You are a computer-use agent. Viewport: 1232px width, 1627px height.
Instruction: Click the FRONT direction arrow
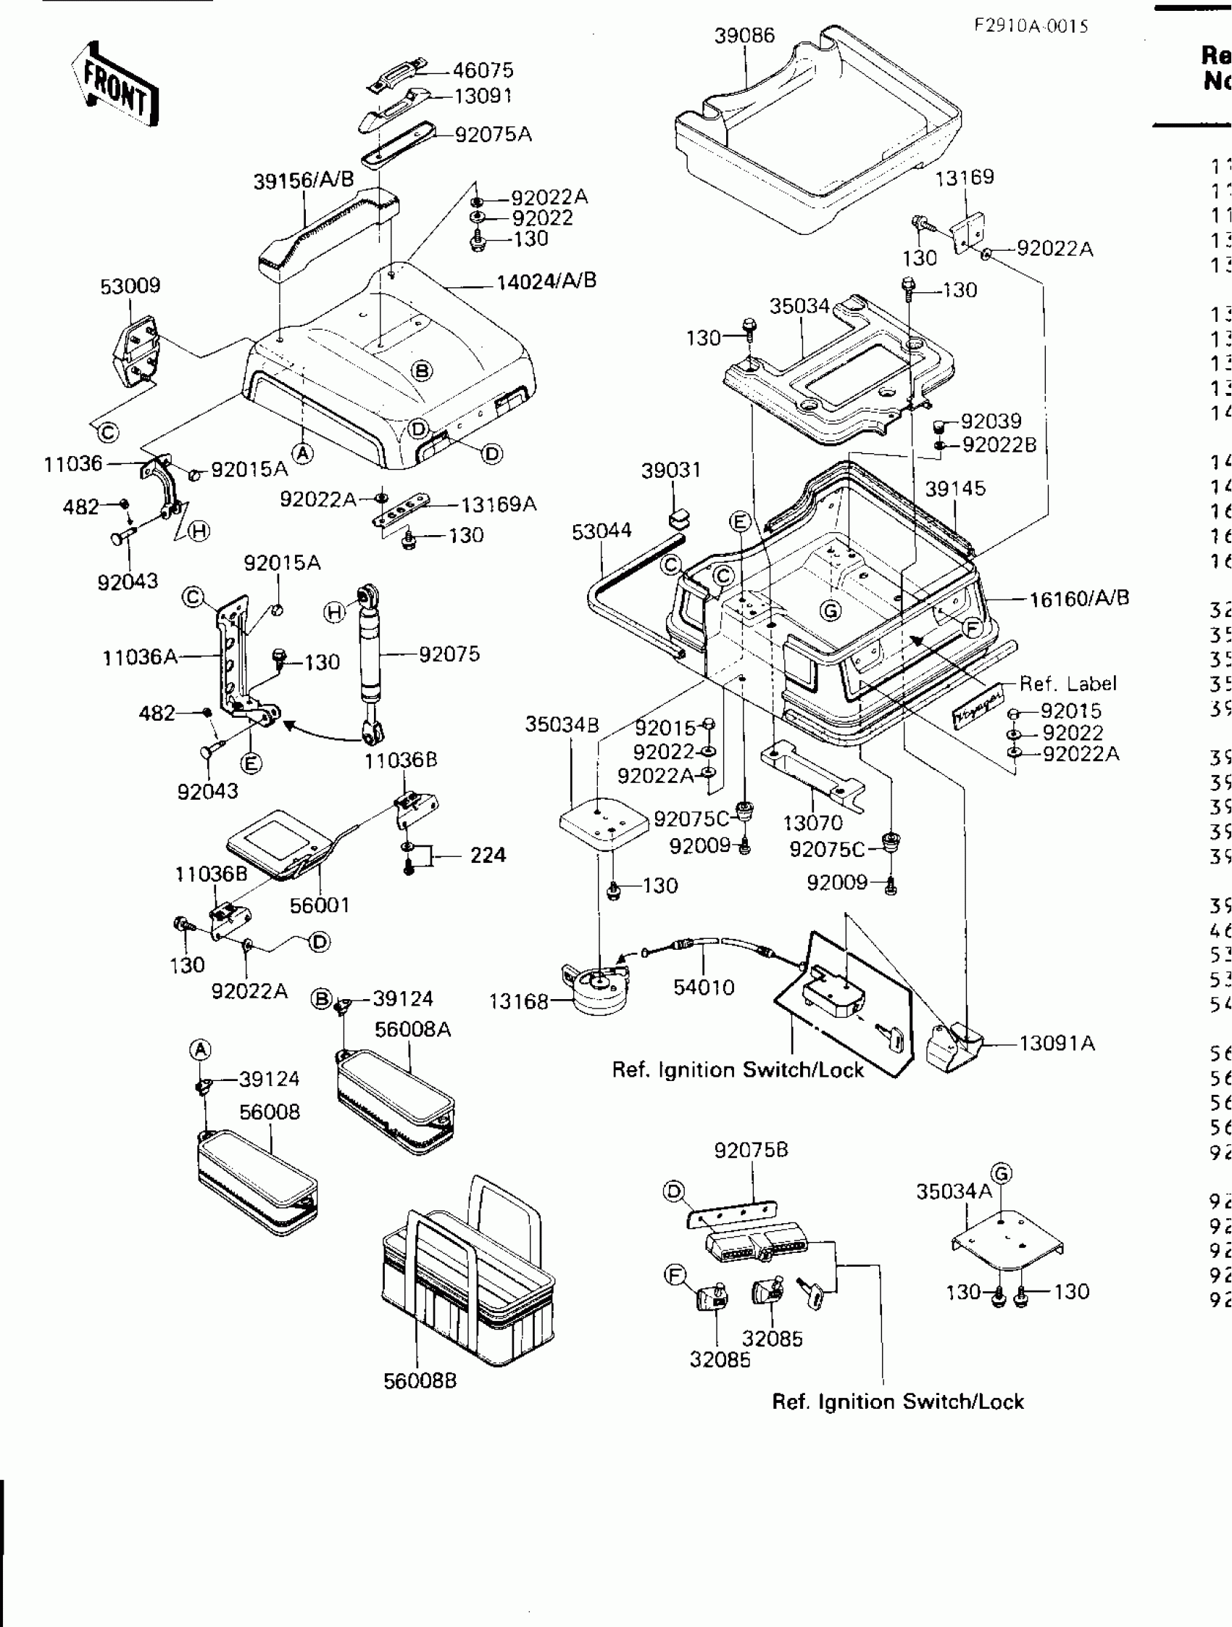click(115, 85)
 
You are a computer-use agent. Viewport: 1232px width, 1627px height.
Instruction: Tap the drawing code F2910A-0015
click(1031, 27)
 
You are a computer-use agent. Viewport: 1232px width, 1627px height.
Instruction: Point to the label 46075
click(482, 70)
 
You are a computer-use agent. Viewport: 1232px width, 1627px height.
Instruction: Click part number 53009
click(130, 286)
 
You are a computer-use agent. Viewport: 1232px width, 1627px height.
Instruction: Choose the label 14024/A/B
click(546, 281)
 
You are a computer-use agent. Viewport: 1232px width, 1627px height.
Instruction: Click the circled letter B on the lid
click(421, 370)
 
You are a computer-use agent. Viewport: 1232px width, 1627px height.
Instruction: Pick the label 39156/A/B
click(304, 180)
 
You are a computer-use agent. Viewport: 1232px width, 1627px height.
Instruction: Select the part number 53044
click(602, 530)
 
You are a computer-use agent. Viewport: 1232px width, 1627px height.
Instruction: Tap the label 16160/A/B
click(1078, 599)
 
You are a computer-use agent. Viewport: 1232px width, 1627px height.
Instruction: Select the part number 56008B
click(420, 1380)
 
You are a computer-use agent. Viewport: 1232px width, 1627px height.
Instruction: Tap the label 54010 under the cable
click(704, 987)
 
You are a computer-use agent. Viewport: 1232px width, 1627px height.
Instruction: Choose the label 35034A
click(954, 1191)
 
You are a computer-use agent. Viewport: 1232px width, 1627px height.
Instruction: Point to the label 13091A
click(1057, 1044)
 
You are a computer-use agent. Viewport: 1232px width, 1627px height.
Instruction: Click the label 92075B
click(751, 1150)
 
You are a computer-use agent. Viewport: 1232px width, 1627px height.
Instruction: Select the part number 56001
click(319, 905)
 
